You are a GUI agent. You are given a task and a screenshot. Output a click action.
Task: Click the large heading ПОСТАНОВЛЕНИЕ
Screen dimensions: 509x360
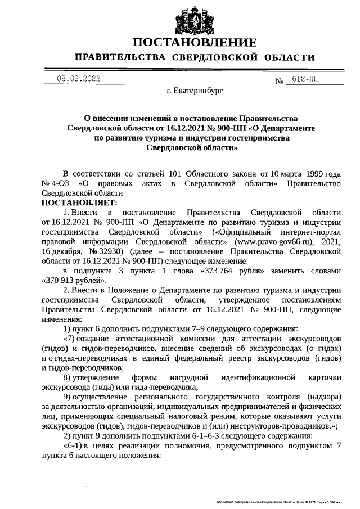click(x=195, y=43)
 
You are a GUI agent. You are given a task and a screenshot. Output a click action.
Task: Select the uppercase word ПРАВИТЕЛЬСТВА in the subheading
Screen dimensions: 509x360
click(x=120, y=57)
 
